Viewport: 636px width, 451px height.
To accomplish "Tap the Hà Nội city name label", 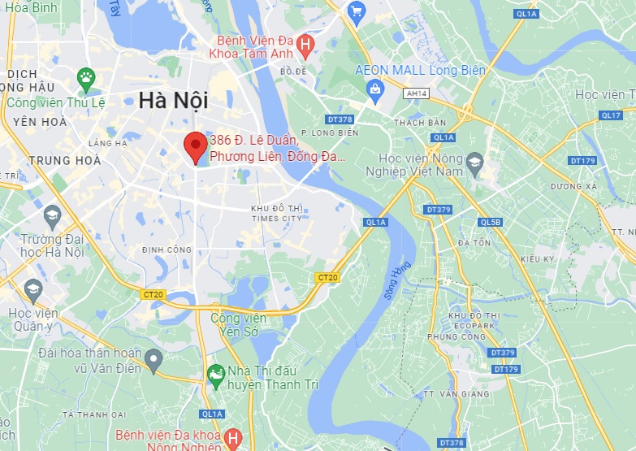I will click(172, 101).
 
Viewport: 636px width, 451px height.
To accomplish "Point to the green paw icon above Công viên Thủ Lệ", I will click(86, 79).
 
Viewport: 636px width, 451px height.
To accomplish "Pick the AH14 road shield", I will click(416, 93).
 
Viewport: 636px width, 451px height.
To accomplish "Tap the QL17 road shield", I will click(611, 115).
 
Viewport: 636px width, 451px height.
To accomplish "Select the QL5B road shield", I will click(490, 222).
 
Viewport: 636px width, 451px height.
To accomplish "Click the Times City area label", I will click(276, 214).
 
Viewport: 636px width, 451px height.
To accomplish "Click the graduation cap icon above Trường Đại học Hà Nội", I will click(53, 215).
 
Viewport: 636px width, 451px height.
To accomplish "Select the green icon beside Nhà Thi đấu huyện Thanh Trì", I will click(215, 375).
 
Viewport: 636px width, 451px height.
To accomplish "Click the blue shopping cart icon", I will click(355, 11).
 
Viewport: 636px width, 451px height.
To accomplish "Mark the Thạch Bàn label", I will click(420, 123).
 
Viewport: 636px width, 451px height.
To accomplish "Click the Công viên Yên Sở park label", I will click(238, 325).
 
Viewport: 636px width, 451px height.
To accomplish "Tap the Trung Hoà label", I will click(65, 160).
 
